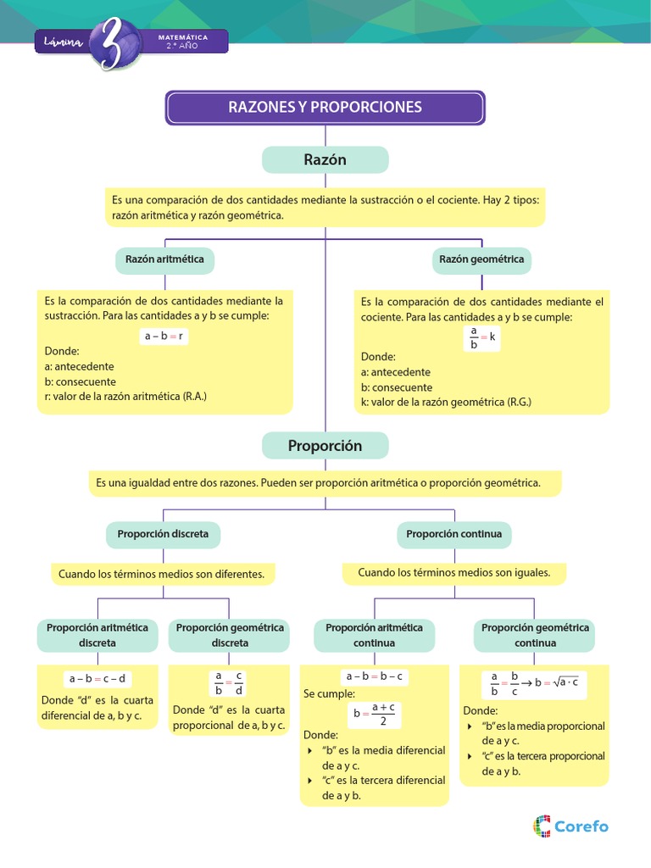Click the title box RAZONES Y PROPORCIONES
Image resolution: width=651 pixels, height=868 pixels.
[325, 108]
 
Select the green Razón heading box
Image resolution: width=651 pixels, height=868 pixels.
[325, 159]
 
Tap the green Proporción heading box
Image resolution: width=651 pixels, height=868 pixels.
[325, 445]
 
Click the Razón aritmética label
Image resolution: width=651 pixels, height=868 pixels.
[164, 259]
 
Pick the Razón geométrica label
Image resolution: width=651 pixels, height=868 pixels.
[481, 259]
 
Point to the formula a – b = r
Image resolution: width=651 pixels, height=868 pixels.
[164, 336]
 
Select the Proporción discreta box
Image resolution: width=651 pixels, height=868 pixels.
[163, 534]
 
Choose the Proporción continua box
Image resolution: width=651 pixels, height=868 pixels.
[454, 534]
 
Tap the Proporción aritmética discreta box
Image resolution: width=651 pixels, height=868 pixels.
[97, 635]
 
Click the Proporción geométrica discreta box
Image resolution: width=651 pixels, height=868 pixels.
[230, 635]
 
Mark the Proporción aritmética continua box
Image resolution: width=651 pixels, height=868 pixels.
[374, 635]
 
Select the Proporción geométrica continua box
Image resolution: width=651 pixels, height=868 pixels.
[535, 635]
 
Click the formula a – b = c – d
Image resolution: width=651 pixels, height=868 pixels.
[97, 678]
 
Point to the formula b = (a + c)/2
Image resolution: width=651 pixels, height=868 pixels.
[375, 714]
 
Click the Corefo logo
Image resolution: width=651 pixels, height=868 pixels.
[570, 825]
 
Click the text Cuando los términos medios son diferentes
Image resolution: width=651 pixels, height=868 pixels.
[161, 575]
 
